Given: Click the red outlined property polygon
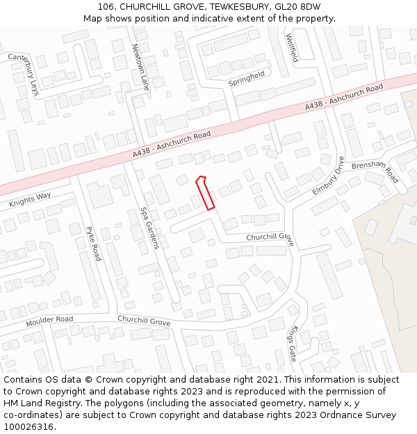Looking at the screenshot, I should pos(205,192).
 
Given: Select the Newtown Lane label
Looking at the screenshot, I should pos(140,67).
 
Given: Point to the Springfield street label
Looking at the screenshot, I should pos(247,78).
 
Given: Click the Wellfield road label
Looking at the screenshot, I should pos(291,47).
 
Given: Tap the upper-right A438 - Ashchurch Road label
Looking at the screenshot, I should pos(343,97).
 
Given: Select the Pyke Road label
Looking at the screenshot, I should pos(93,243).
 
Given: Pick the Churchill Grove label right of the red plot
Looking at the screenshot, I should pos(270,237).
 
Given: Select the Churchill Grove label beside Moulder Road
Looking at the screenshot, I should pos(144,321).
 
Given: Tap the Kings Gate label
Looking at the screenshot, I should pos(293,343).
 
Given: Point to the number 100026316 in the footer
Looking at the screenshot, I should pos(28,426).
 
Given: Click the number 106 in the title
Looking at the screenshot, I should pos(106,7).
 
